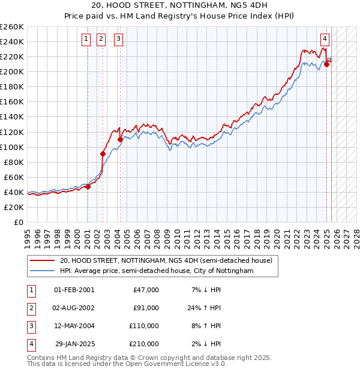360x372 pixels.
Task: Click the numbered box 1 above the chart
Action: [x=86, y=40]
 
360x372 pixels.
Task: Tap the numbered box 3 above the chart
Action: [x=119, y=40]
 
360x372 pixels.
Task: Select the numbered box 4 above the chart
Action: [x=325, y=40]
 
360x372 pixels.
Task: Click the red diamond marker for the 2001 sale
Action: [x=88, y=187]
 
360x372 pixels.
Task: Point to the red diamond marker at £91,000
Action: [x=103, y=154]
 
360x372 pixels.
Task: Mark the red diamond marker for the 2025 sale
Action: [x=327, y=64]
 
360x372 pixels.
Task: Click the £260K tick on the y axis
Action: [x=12, y=27]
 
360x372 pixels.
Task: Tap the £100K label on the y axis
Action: [x=12, y=147]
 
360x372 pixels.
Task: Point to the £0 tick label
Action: [x=18, y=222]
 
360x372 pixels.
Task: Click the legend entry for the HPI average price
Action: [x=156, y=271]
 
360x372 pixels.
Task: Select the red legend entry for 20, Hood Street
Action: [x=166, y=260]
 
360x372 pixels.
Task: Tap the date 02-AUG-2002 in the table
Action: [x=74, y=308]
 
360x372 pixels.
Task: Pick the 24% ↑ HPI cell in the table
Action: [x=203, y=308]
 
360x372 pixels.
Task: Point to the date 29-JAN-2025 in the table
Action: [x=74, y=344]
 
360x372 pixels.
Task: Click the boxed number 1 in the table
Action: [x=31, y=290]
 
